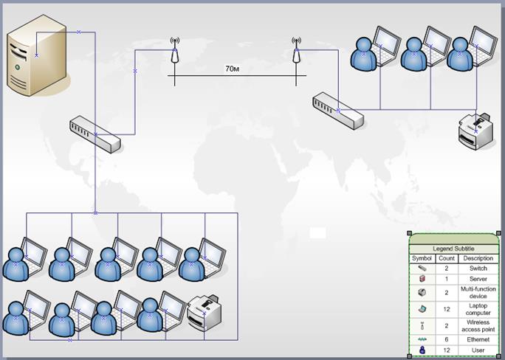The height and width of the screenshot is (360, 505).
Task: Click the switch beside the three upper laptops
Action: pos(337,111)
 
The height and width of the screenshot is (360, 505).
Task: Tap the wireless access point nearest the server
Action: pos(174,53)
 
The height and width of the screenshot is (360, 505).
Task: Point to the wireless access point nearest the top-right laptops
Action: pos(296,53)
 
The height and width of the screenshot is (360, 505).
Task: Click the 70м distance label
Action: pos(232,69)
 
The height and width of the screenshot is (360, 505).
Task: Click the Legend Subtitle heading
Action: pos(454,249)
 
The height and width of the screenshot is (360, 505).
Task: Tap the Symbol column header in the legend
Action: pos(422,259)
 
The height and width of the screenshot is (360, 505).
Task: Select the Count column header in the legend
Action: pos(446,259)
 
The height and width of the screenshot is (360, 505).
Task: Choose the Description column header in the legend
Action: pos(478,259)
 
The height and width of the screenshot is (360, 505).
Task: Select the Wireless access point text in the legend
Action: pos(478,325)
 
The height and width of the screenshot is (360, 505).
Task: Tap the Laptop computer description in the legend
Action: pos(478,309)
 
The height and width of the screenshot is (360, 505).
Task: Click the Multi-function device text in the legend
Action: pos(478,293)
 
